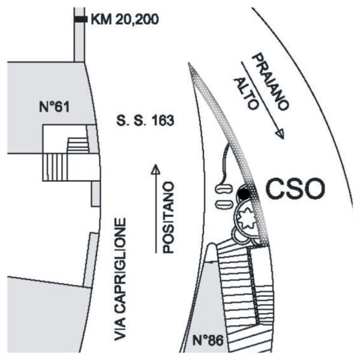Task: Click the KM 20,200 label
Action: (x=124, y=20)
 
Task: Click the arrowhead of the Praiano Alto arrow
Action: (x=279, y=134)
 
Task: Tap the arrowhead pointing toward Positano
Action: (x=155, y=169)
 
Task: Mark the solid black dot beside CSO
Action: (x=244, y=193)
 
